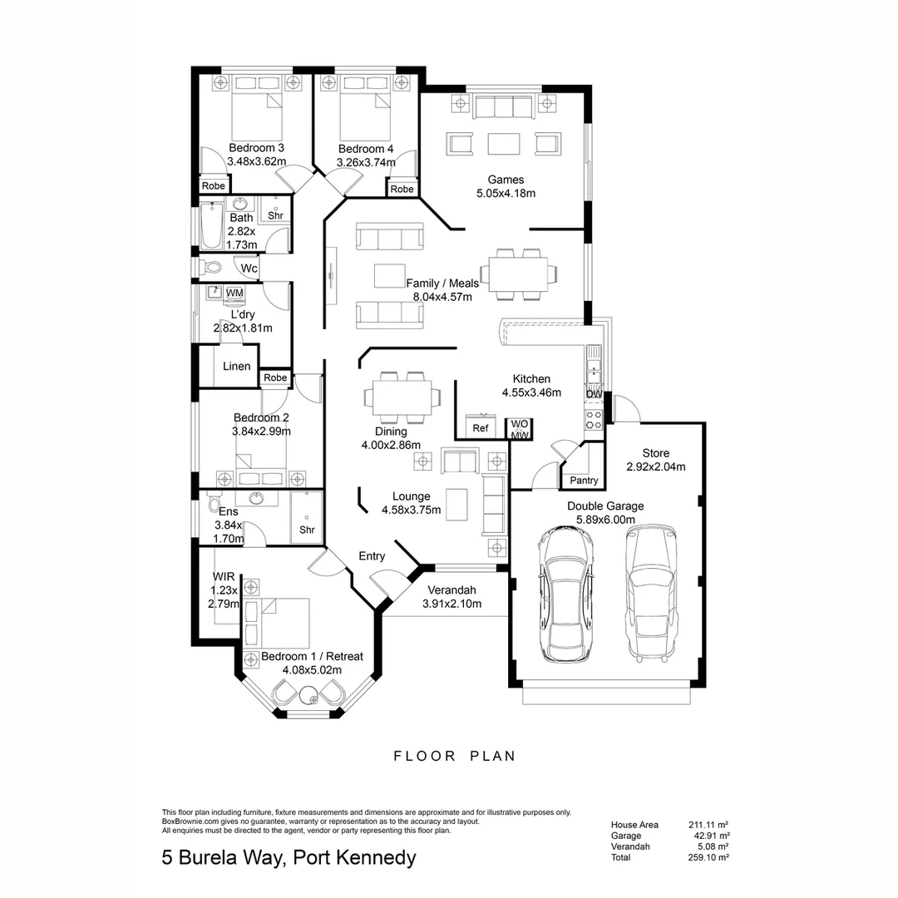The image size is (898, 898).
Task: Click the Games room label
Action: [x=506, y=179]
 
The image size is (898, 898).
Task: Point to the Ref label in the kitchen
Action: [x=480, y=428]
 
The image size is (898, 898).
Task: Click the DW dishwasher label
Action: [x=594, y=394]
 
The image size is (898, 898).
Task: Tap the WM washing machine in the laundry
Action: [x=234, y=293]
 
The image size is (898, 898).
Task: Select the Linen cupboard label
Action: [x=236, y=366]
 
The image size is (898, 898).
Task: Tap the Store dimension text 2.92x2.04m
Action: [x=655, y=467]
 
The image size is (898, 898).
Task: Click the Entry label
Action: [x=372, y=556]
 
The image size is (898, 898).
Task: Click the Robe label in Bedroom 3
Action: [x=213, y=186]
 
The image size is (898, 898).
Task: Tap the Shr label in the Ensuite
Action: [x=307, y=530]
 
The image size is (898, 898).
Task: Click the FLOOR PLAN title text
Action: [x=454, y=756]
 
